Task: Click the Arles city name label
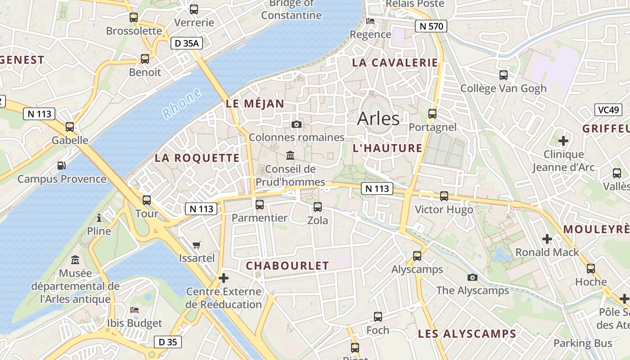click(378, 118)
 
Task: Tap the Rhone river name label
click(182, 103)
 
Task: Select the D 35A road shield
click(187, 43)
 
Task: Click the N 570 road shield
click(431, 26)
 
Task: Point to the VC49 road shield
click(608, 109)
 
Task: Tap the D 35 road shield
click(168, 342)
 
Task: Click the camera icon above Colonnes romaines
click(297, 124)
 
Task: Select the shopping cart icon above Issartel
click(196, 245)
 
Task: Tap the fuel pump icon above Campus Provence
click(62, 166)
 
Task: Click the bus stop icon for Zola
click(318, 207)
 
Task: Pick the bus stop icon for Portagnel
click(432, 113)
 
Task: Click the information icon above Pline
click(99, 218)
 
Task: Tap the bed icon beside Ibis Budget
click(135, 310)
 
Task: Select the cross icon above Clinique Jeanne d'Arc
click(563, 141)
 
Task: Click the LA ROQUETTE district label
click(197, 158)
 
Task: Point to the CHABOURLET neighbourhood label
click(288, 266)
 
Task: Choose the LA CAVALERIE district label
click(395, 63)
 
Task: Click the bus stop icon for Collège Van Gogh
click(504, 75)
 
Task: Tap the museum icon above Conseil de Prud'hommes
click(290, 156)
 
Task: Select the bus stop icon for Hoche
click(591, 269)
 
